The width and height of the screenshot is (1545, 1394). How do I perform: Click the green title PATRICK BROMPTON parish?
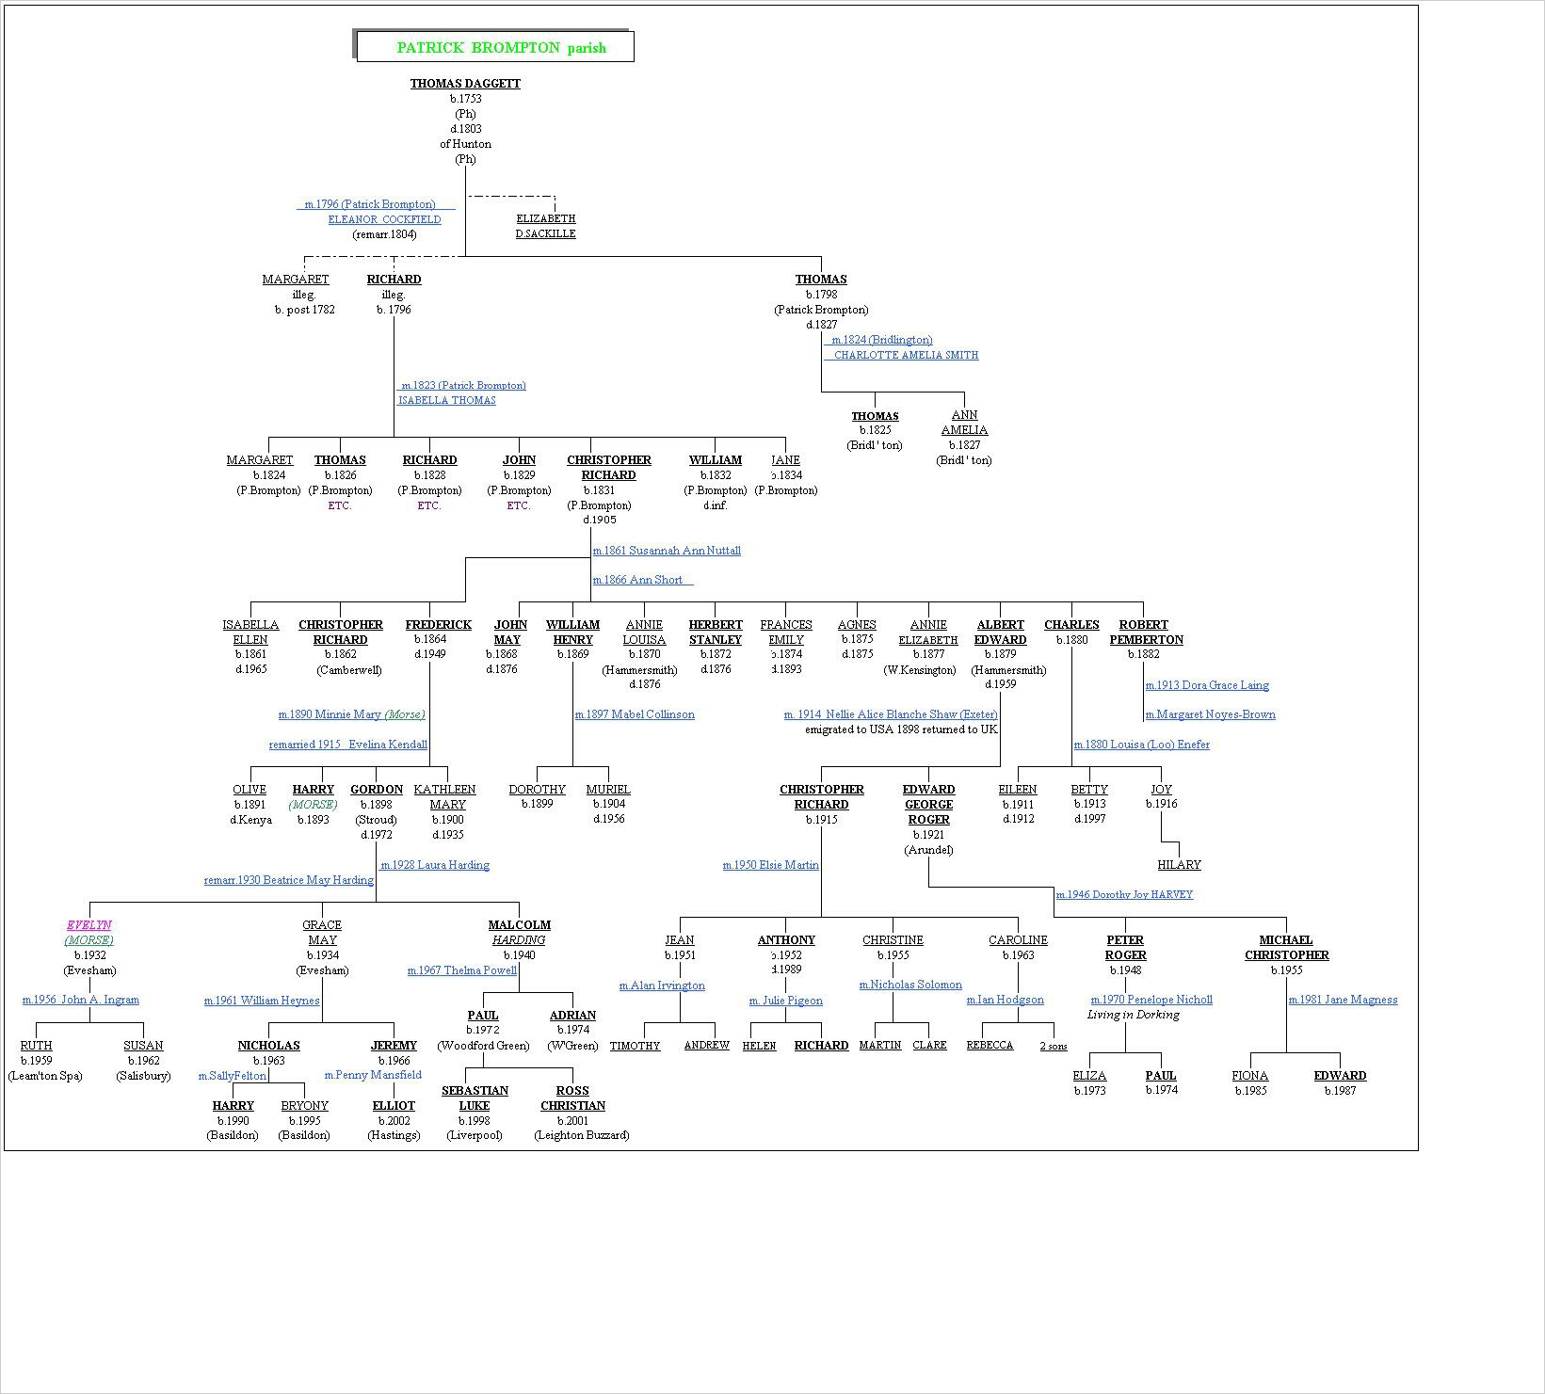coord(501,48)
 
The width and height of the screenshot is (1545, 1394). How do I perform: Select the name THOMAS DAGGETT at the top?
coord(465,84)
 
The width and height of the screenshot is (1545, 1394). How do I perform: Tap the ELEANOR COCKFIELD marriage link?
coord(384,219)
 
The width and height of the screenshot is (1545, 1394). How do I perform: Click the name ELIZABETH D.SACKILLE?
coord(545,226)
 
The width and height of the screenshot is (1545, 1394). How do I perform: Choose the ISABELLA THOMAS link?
coord(446,401)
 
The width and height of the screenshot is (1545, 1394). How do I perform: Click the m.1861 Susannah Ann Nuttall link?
coord(667,551)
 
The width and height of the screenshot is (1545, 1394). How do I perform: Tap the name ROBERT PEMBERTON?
coord(1146,633)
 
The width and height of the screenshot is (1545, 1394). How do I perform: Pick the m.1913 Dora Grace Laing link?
coord(1207,685)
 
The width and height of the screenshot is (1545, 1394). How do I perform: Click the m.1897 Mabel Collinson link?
coord(635,714)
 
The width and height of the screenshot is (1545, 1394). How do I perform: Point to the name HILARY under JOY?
coord(1179,865)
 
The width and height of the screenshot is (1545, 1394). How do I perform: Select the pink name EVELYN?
coord(89,925)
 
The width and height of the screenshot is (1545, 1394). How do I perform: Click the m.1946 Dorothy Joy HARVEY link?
coord(1124,895)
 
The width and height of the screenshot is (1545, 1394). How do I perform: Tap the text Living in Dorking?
coord(1133,1016)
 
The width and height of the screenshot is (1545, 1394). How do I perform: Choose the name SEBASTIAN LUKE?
coord(475,1098)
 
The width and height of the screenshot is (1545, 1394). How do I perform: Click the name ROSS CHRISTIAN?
coord(572,1098)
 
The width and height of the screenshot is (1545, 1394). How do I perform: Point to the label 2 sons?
coord(1053,1047)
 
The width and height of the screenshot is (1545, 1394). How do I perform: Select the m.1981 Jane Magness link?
coord(1343,1001)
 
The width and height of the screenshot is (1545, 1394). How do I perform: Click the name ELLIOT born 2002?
coord(394,1106)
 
